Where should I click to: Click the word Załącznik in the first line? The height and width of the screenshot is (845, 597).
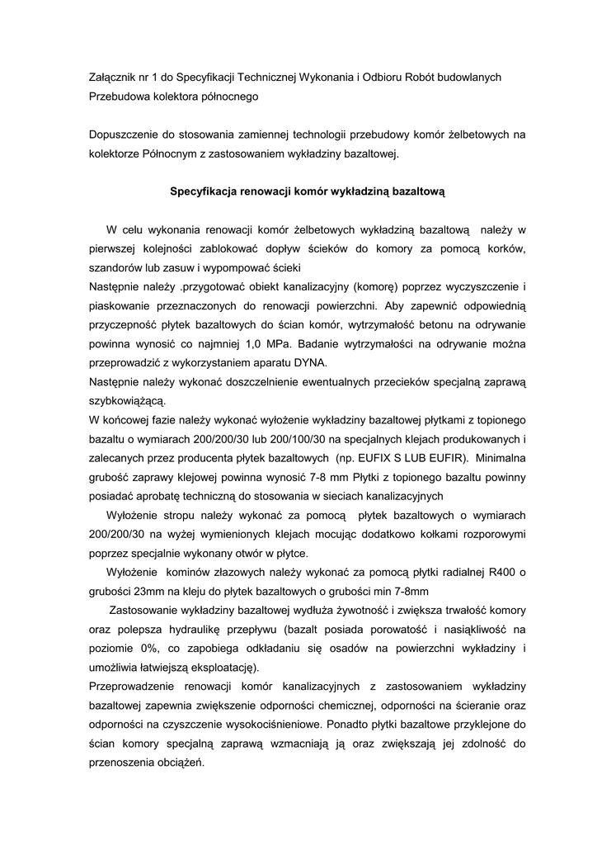pyautogui.click(x=115, y=77)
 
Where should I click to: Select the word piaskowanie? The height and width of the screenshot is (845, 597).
pyautogui.click(x=120, y=305)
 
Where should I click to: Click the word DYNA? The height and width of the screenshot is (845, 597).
pyautogui.click(x=310, y=362)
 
